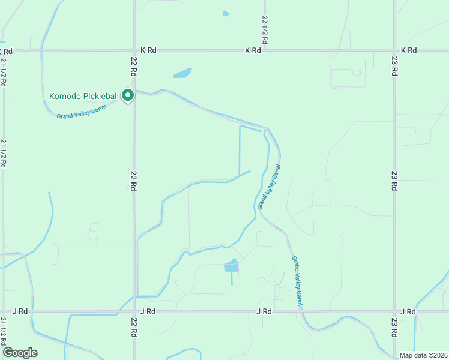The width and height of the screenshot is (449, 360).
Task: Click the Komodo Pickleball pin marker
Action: coord(127,95)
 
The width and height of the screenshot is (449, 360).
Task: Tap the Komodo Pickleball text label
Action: coord(84,95)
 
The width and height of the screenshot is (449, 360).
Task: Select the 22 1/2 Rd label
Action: coord(264,30)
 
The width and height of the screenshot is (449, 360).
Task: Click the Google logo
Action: coord(20,353)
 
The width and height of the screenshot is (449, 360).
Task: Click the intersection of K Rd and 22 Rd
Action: coord(133,50)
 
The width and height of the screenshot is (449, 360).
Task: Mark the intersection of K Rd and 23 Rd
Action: coord(394,50)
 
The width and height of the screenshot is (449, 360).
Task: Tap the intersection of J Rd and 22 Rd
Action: coord(133,311)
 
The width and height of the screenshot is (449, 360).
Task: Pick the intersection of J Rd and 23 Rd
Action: coord(394,311)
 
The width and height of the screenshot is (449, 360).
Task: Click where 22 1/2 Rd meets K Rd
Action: coord(264,50)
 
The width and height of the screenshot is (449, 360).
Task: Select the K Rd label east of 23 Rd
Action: coord(408,50)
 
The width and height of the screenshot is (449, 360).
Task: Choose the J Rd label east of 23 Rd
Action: coord(408,311)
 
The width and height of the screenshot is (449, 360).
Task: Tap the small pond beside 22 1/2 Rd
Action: coord(226,13)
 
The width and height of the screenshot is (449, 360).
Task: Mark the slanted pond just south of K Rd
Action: coord(182,73)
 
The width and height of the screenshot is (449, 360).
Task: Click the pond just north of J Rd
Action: coord(231,265)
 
